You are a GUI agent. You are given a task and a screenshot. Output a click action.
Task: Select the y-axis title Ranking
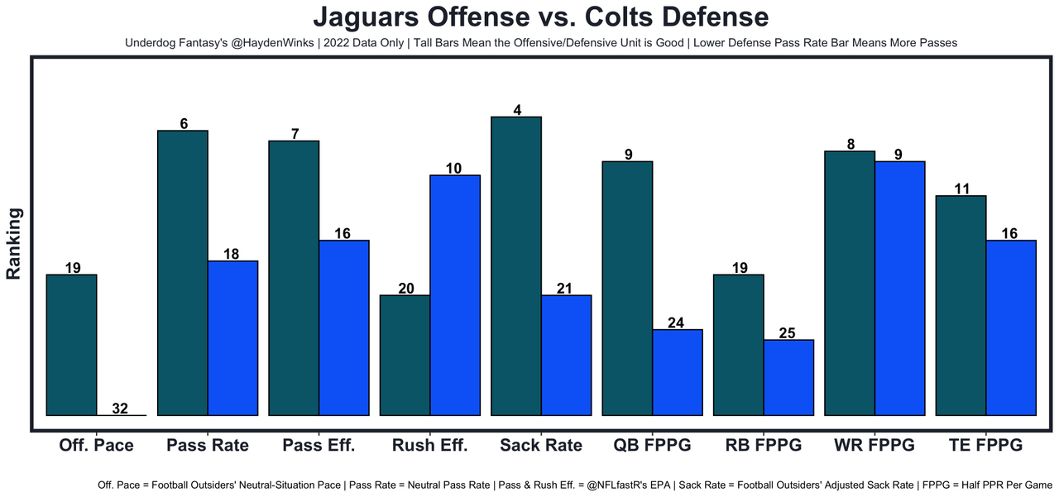coord(14,243)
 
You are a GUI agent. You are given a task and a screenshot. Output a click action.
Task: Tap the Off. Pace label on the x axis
coord(96,445)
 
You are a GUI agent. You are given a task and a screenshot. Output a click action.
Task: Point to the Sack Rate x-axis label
coord(541,445)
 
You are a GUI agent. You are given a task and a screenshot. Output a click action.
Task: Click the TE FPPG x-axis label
coord(985,445)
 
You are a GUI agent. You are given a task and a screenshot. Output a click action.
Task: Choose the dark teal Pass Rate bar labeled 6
coord(183,273)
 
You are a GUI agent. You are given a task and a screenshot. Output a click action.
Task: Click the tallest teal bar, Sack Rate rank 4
coord(516,265)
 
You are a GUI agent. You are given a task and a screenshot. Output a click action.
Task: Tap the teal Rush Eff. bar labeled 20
coord(405,355)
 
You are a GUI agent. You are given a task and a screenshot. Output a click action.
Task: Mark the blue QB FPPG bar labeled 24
coord(677,372)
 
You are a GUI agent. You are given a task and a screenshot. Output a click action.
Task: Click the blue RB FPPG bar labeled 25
coord(788,377)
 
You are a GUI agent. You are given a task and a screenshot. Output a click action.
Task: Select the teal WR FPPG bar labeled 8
coord(850,283)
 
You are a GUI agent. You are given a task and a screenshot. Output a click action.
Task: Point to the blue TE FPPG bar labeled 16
coord(1010,327)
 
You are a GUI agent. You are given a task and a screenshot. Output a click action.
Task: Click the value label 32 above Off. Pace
coord(121,409)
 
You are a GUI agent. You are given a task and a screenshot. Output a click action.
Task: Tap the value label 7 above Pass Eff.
coord(294,134)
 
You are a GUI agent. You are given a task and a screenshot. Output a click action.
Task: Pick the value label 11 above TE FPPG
coord(961,189)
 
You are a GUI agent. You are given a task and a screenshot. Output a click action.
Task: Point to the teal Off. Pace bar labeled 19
coord(72,345)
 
